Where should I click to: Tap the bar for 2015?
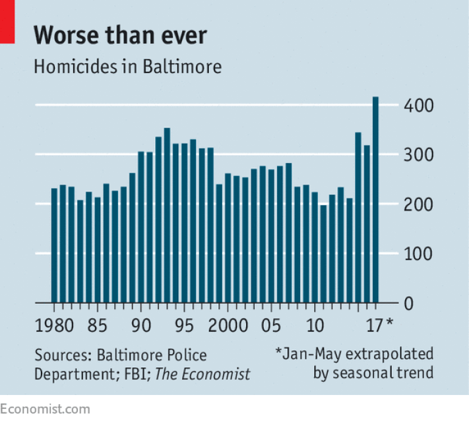coord(358,218)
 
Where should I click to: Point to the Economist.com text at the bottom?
coord(45,409)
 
